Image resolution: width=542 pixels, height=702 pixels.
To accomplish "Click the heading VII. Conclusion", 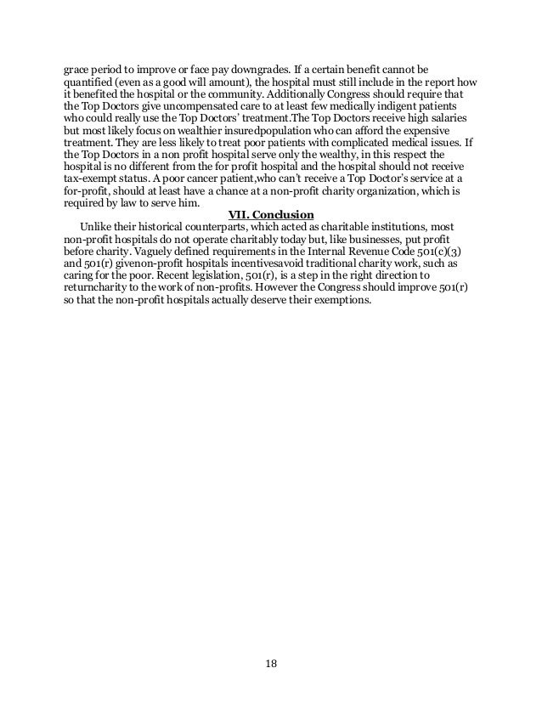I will pos(270,213).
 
